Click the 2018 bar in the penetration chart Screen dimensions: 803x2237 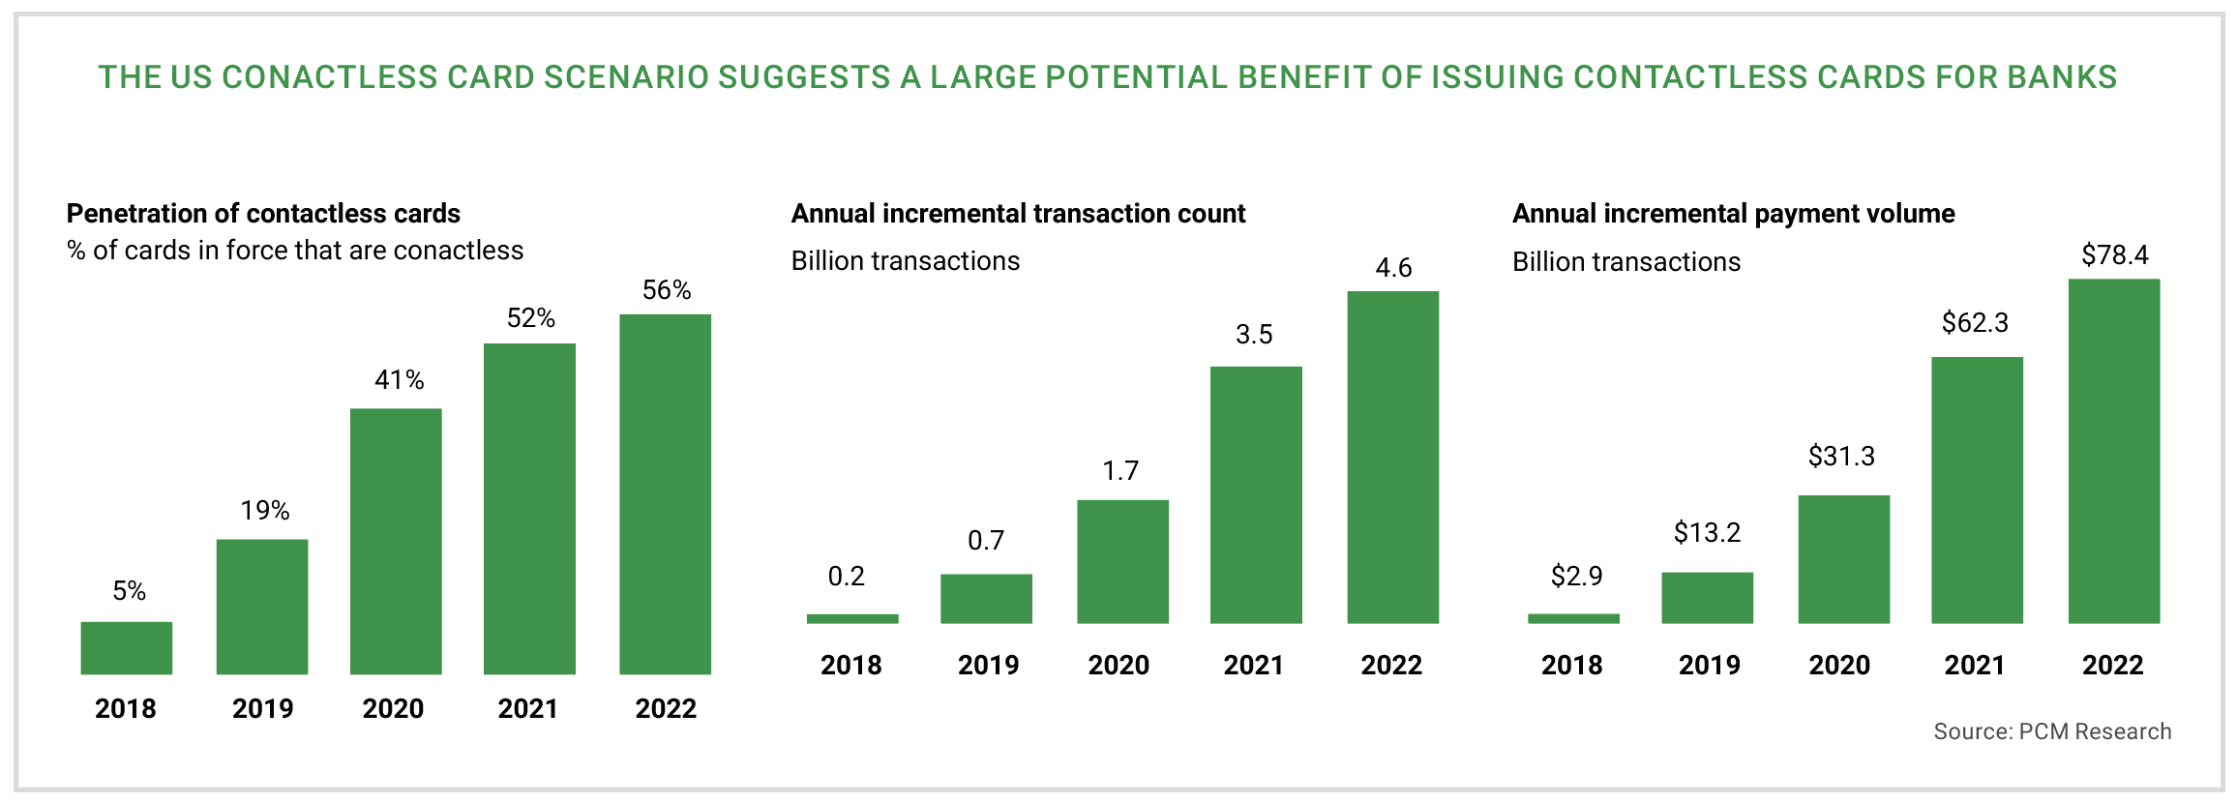coord(127,648)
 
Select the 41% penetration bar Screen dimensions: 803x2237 coord(396,542)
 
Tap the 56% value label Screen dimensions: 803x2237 coord(667,290)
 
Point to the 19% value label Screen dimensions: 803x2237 coord(265,511)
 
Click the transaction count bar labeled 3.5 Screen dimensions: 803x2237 coord(1256,494)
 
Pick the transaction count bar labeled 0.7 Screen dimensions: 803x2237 coord(986,599)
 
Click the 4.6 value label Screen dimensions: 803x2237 coord(1393,268)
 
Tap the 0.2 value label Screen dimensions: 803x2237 coord(847,577)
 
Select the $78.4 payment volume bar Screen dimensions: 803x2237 coord(2114,451)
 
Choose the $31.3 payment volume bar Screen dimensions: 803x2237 coord(1843,559)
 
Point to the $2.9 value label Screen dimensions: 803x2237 coord(1576,577)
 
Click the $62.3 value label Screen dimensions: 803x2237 coord(1975,323)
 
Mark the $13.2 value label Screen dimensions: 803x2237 coord(1707,533)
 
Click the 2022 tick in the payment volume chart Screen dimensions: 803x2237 coord(2113,666)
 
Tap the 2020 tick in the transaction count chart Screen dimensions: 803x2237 coord(1118,666)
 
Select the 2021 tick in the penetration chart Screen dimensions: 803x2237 coord(528,709)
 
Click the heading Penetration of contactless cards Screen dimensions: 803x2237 coord(263,214)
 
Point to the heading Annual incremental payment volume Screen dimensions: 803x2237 coord(1733,214)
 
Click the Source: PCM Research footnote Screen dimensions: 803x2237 coord(2052,732)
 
